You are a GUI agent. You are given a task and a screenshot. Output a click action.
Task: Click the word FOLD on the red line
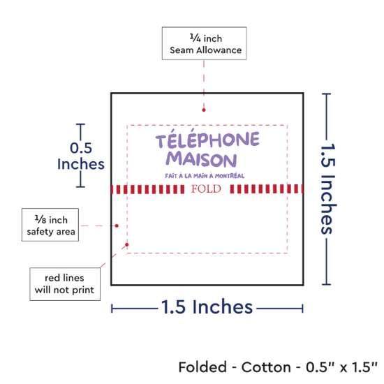(206, 189)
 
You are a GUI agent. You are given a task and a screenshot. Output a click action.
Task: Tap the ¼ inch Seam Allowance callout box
(205, 43)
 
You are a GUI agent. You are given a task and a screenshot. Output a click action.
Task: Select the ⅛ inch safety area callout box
(50, 225)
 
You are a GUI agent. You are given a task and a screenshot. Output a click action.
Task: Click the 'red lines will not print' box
(65, 284)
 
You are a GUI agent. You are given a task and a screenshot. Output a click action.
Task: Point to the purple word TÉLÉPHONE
(207, 139)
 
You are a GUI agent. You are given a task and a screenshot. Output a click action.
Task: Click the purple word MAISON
(201, 159)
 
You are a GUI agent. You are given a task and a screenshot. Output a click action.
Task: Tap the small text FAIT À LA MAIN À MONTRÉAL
(205, 175)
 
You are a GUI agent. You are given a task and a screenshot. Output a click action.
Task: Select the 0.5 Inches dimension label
(81, 156)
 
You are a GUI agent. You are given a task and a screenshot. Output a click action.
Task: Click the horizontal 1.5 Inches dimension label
(207, 307)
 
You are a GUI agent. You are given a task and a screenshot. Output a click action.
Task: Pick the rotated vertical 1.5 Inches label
(328, 189)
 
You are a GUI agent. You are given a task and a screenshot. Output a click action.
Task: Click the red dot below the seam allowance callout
(204, 110)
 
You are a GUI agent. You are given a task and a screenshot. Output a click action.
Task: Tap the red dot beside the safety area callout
(117, 226)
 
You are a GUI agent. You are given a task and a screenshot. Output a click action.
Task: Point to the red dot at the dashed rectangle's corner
(127, 244)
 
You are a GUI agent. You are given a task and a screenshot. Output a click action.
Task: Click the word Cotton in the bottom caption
(266, 367)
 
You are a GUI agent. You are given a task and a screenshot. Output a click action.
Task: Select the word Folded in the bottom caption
(202, 367)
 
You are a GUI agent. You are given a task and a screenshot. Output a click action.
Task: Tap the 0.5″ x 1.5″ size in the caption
(341, 367)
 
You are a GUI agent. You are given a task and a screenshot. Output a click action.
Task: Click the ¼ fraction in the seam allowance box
(195, 38)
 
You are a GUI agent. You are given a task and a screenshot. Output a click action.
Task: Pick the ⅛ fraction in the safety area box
(40, 219)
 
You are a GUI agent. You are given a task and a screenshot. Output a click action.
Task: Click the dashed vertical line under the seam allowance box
(204, 84)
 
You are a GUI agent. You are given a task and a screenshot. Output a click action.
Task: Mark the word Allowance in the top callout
(219, 50)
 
